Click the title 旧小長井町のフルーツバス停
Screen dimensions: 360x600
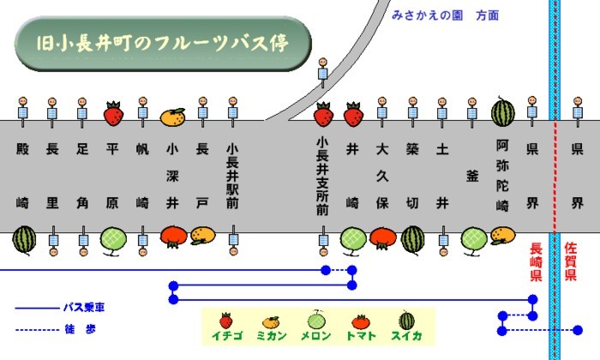(162, 42)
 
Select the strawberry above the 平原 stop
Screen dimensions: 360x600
(113, 113)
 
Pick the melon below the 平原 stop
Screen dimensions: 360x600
(113, 239)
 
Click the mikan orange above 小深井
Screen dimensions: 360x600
(173, 115)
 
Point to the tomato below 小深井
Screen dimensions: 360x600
(173, 236)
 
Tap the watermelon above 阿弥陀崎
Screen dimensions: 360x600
(502, 112)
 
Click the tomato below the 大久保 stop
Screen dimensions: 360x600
(382, 237)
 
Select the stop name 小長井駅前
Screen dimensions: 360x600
(232, 176)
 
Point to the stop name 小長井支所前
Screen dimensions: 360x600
(322, 175)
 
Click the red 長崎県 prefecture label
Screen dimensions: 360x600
(537, 263)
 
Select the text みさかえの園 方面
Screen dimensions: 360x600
(445, 15)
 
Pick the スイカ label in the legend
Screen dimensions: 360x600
(406, 337)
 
